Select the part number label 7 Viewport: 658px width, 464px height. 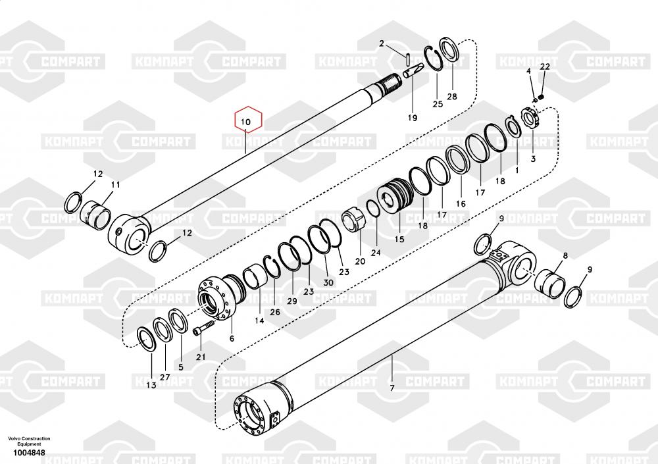click(x=392, y=388)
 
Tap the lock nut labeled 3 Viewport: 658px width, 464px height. click(x=531, y=120)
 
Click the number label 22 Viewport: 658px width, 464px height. click(x=544, y=67)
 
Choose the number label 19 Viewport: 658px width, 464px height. click(x=413, y=118)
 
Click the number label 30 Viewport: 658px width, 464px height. click(x=328, y=283)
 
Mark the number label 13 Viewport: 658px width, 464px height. click(x=151, y=385)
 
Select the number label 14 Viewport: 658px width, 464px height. click(x=259, y=321)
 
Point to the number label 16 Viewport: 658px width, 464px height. click(x=461, y=204)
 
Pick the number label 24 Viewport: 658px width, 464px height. click(x=376, y=253)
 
